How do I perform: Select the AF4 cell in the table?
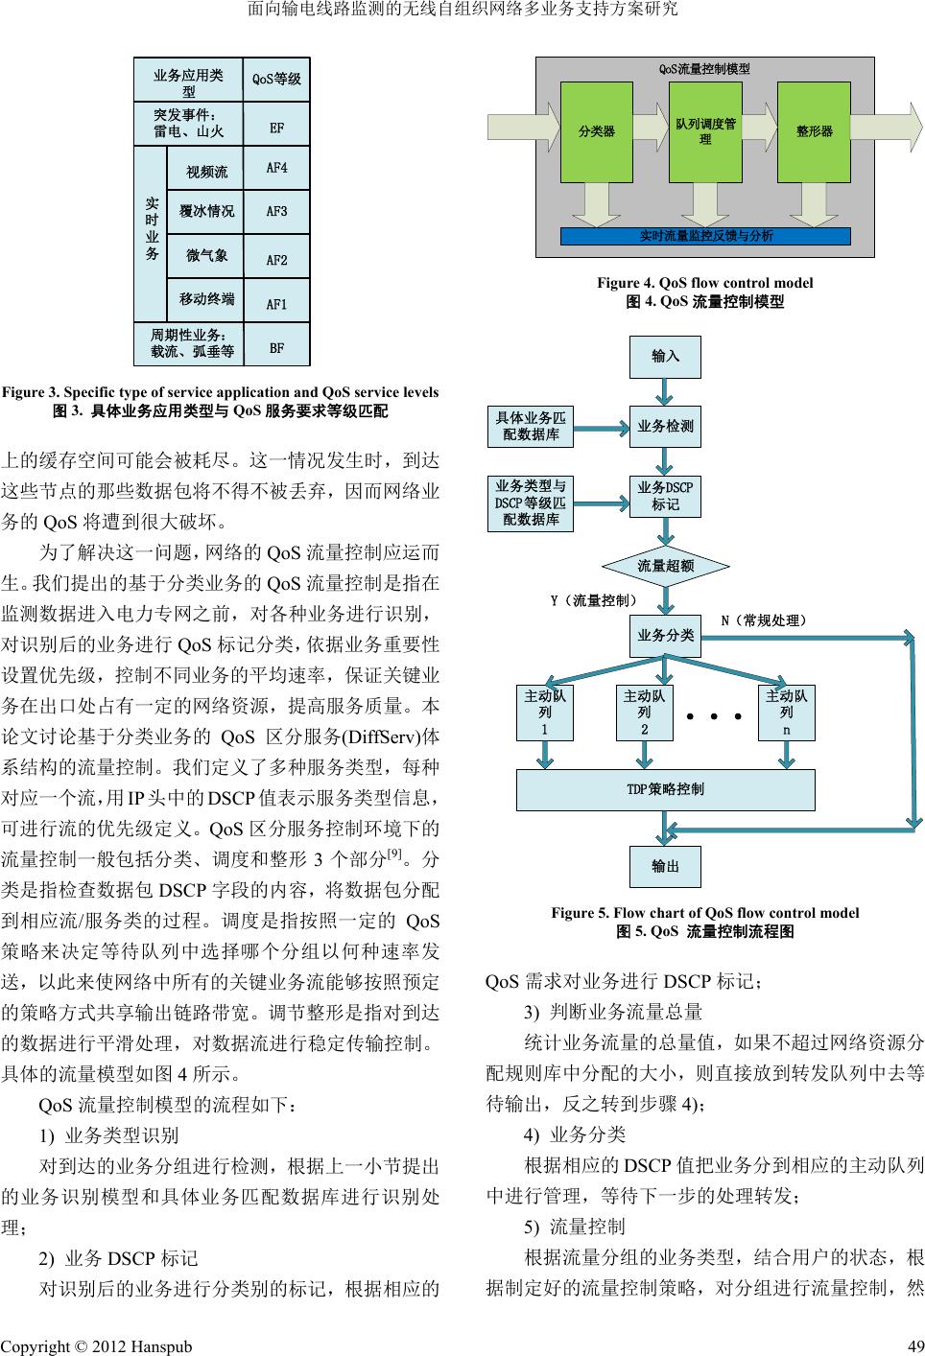click(276, 169)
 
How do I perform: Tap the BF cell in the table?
click(276, 347)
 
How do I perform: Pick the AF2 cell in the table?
click(276, 258)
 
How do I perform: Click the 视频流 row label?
click(206, 171)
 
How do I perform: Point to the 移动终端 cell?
click(206, 300)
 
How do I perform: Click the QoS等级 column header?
click(276, 80)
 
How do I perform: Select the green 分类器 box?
click(597, 131)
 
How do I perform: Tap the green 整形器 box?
click(814, 131)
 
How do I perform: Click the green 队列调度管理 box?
click(705, 131)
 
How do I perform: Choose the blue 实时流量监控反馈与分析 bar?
click(705, 236)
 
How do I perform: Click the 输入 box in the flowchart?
click(665, 356)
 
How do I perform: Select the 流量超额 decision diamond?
click(665, 566)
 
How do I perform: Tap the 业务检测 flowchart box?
click(665, 426)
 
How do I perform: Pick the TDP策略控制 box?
click(665, 789)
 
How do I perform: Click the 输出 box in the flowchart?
click(665, 866)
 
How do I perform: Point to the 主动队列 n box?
click(787, 713)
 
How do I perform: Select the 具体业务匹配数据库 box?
click(531, 426)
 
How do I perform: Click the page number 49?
click(915, 1346)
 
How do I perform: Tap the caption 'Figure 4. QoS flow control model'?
click(704, 283)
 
